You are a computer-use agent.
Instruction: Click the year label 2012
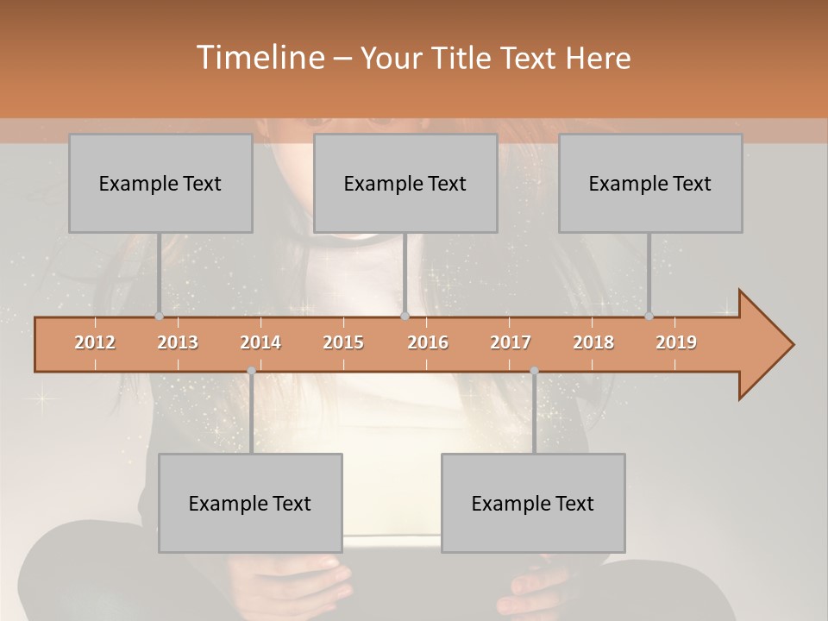coord(95,342)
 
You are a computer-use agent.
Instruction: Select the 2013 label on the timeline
coord(178,342)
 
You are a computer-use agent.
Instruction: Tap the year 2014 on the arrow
coord(260,342)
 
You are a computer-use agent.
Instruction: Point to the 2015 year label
coord(343,342)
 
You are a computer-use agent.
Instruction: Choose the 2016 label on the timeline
coord(428,342)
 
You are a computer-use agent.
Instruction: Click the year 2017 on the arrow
coord(511,342)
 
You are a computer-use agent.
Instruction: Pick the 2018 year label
coord(593,342)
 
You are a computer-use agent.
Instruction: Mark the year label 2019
coord(676,342)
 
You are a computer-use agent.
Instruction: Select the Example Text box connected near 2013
coord(160,183)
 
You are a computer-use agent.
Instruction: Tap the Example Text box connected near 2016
coord(405,183)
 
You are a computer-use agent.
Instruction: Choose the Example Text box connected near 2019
coord(650,183)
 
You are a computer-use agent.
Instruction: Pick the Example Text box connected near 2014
coord(250,503)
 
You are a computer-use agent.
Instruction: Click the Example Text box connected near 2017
coord(533,503)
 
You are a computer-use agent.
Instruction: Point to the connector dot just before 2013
coord(159,317)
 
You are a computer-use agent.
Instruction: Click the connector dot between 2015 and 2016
coord(405,317)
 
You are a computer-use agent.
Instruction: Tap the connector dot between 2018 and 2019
coord(649,317)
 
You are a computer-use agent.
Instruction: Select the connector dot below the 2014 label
coord(251,371)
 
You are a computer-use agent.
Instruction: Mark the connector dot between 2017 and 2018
coord(534,371)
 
